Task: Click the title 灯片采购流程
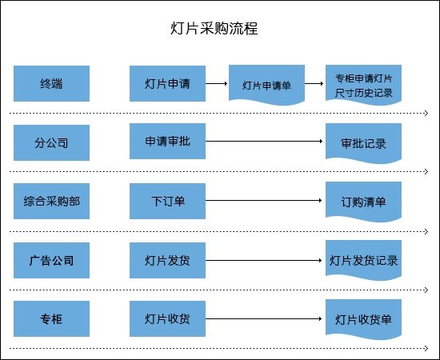click(214, 28)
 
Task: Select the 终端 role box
click(52, 84)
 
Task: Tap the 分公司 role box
click(52, 143)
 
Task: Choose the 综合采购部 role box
click(52, 201)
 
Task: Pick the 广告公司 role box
click(52, 260)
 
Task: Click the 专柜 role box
click(52, 318)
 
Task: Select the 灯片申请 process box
click(167, 84)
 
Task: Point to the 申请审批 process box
click(167, 141)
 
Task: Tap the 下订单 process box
click(167, 201)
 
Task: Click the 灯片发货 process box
click(167, 260)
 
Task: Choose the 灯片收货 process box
click(167, 318)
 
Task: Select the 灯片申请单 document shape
click(267, 85)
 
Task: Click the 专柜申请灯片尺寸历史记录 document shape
click(364, 85)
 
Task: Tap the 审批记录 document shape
click(364, 143)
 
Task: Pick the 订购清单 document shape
click(364, 202)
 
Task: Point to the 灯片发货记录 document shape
click(364, 260)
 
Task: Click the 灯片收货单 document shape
click(364, 319)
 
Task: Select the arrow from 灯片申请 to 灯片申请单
click(216, 83)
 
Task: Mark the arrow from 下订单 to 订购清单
click(263, 200)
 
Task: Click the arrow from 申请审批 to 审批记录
click(264, 141)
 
